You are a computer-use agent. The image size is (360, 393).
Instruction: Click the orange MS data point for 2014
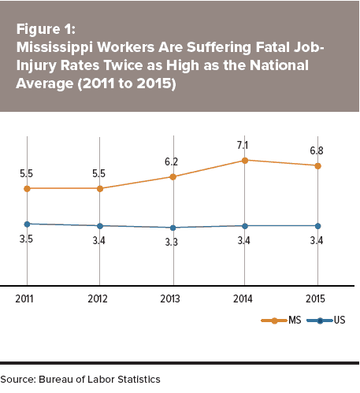tap(245, 161)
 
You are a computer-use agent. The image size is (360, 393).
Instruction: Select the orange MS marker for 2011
tap(27, 188)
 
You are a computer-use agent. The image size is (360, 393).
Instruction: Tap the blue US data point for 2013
tap(173, 228)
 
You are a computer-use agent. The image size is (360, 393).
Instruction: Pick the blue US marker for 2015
tap(317, 226)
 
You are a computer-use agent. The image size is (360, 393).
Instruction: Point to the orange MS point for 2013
tap(173, 177)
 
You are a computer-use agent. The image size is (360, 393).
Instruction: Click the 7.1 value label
tap(243, 145)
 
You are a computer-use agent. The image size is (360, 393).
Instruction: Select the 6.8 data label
tap(317, 150)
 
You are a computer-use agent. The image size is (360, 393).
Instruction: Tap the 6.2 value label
tap(171, 161)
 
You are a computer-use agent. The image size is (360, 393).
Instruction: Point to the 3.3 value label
tap(172, 242)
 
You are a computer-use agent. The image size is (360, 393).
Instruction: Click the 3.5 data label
tap(26, 239)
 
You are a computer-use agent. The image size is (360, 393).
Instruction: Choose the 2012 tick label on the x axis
tap(98, 299)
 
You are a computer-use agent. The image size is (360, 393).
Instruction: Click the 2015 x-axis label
tap(315, 299)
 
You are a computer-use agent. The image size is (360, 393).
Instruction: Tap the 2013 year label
tap(170, 299)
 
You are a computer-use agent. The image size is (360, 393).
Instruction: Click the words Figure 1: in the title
tap(46, 29)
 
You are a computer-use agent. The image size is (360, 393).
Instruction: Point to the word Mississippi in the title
tap(54, 48)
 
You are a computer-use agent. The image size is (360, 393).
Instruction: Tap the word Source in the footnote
tap(18, 380)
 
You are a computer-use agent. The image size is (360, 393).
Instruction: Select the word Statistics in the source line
tap(139, 380)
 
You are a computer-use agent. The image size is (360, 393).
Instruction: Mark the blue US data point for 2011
tap(27, 224)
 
